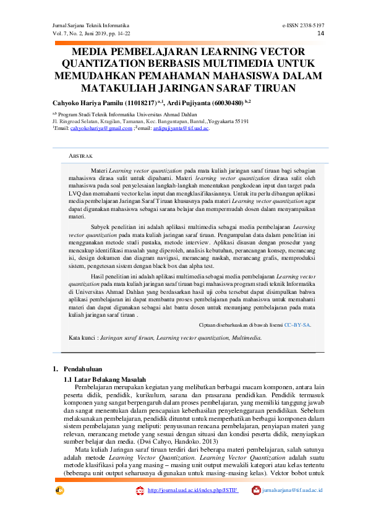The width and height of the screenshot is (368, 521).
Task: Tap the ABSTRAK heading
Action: (x=80, y=156)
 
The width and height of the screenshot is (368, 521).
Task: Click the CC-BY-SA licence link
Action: (x=297, y=324)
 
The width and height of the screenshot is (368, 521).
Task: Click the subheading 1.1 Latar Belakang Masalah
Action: (x=105, y=379)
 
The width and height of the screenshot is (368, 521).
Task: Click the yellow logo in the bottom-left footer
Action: (x=59, y=491)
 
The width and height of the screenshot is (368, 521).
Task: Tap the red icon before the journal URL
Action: (x=140, y=491)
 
